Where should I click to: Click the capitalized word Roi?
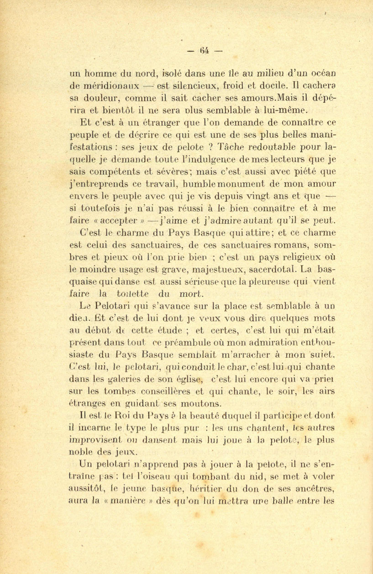coord(112,415)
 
